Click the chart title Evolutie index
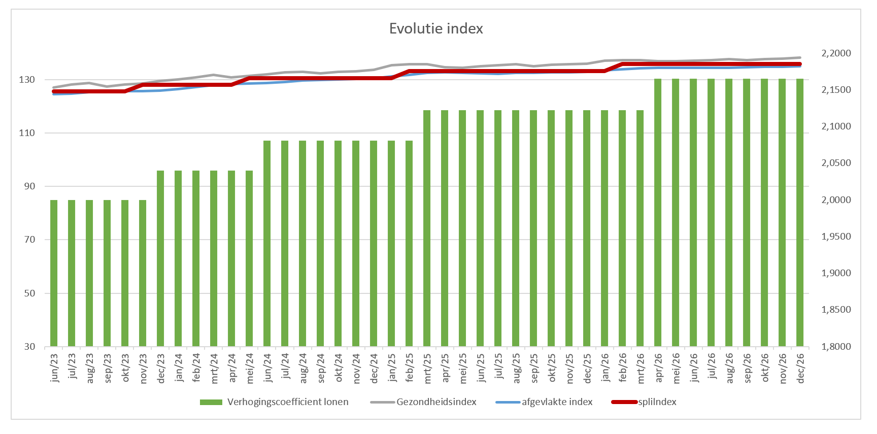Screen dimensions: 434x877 [x=436, y=28]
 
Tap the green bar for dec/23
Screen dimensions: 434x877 [x=160, y=258]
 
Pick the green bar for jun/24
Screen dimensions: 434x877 [x=267, y=244]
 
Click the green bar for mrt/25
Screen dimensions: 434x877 [x=427, y=228]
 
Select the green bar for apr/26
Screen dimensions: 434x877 [x=658, y=213]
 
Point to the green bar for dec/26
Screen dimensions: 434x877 [x=800, y=213]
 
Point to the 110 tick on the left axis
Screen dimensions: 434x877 [x=27, y=133]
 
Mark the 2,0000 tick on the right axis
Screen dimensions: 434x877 [x=836, y=200]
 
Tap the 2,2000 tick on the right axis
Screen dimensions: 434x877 [x=836, y=53]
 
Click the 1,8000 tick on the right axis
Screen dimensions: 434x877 [x=836, y=347]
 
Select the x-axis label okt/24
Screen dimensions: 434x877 [x=339, y=368]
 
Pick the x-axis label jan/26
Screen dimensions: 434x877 [x=605, y=368]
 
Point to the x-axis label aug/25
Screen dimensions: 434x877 [x=516, y=368]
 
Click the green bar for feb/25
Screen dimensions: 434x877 [x=409, y=244]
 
